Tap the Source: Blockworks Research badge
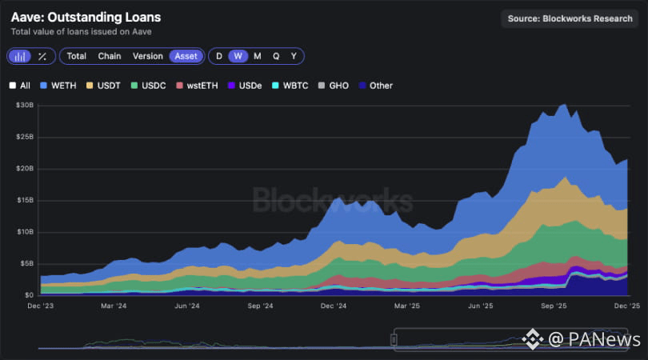coord(570,18)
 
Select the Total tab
coord(76,56)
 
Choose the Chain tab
coord(110,56)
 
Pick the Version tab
coord(147,56)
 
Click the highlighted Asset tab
coord(186,56)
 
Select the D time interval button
coord(219,56)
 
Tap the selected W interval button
coord(238,56)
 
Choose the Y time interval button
coord(294,56)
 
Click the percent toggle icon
coord(42,56)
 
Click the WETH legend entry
coord(61,86)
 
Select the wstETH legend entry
coord(202,86)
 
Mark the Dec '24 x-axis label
coord(333,306)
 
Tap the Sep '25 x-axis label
coord(554,306)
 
